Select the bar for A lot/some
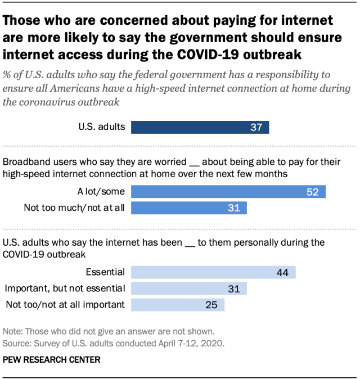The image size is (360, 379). [228, 192]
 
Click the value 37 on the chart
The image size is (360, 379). [256, 127]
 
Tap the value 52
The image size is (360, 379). [313, 192]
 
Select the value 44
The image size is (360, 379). [282, 273]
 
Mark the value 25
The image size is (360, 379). [211, 305]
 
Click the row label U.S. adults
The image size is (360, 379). [102, 127]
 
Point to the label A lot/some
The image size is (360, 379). [103, 192]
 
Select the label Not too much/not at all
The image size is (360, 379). [74, 208]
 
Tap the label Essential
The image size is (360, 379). [105, 273]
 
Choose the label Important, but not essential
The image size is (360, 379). [65, 289]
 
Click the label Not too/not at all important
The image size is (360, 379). [65, 305]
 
